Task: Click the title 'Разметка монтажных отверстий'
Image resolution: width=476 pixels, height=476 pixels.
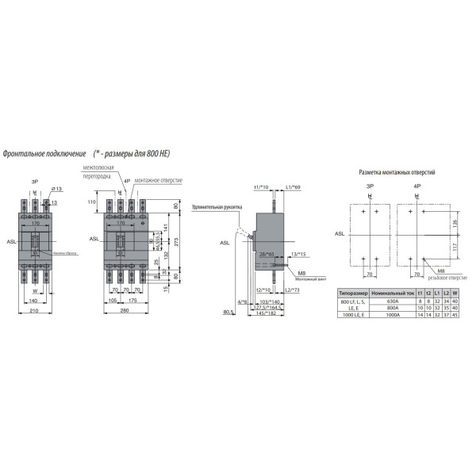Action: [x=397, y=171]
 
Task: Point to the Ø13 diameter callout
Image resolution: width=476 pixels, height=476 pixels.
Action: [x=57, y=189]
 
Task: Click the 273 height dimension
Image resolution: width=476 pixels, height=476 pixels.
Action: [x=176, y=242]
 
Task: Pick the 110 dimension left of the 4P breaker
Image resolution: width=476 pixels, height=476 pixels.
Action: [x=90, y=202]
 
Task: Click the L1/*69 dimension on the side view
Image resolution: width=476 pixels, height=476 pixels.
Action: [x=291, y=186]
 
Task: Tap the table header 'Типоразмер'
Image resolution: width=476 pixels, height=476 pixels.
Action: [x=353, y=293]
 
